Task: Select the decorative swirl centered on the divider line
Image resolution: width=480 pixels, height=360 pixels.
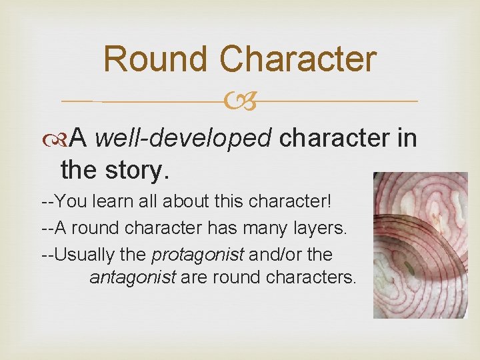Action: click(240, 101)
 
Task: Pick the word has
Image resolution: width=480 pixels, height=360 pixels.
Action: click(216, 228)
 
